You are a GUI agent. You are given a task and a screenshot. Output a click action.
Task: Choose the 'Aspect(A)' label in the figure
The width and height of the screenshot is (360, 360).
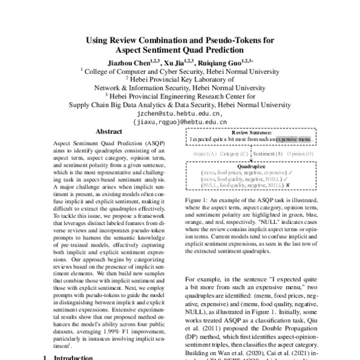[x=205, y=154]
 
